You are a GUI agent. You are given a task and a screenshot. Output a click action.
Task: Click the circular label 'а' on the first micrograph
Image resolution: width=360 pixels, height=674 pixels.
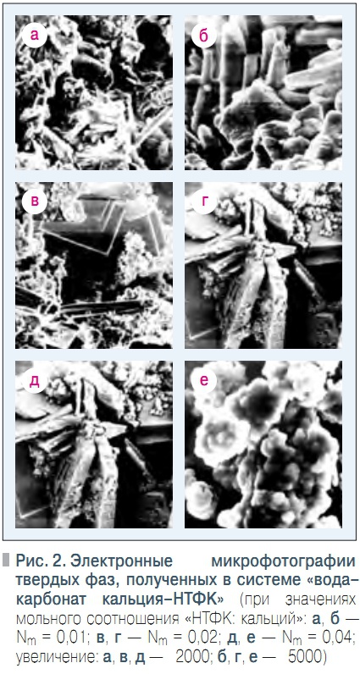35,36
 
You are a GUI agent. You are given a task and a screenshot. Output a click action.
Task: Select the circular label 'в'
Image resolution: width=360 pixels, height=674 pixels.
35,201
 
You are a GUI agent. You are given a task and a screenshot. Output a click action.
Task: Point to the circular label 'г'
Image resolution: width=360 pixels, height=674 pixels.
204,202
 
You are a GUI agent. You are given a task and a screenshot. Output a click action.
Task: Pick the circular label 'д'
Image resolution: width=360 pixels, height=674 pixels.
35,380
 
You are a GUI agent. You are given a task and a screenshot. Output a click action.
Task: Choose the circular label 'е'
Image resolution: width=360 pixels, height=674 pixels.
204,380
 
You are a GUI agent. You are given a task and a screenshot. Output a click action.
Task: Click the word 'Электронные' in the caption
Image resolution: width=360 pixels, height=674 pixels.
122,561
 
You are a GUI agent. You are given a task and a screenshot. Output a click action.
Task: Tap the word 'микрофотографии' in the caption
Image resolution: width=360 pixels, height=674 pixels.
285,561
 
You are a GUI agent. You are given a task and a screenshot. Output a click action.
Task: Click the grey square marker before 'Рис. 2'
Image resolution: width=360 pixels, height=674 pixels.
6,560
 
